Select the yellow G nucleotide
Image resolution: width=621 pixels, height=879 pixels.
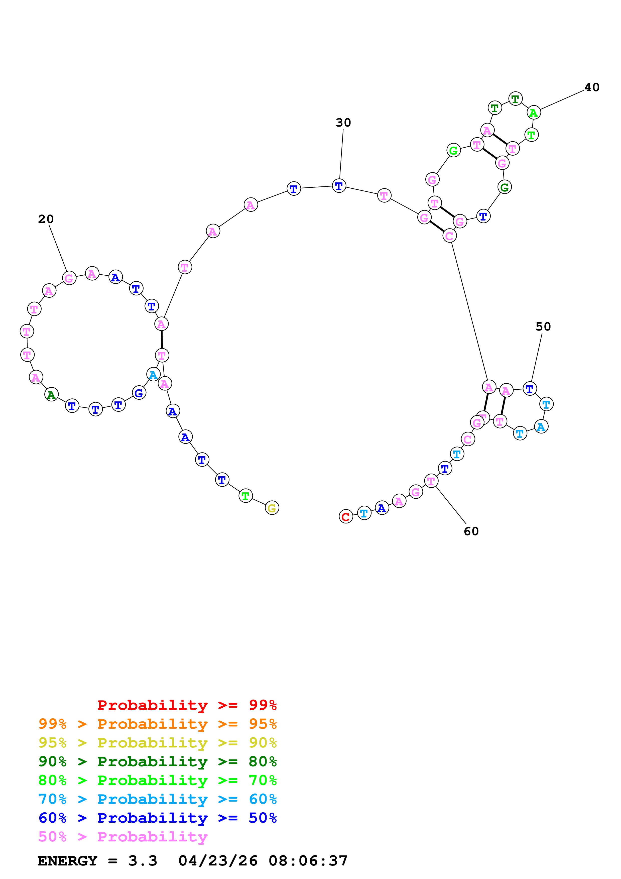coord(272,508)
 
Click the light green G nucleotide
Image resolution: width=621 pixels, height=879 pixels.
coord(453,150)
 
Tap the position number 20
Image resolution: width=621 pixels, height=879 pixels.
coord(46,219)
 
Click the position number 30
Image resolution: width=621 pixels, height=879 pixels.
coord(343,123)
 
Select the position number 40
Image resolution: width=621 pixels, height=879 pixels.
coord(591,87)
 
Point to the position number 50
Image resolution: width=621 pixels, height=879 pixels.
coord(543,326)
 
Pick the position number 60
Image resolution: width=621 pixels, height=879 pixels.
coord(471,531)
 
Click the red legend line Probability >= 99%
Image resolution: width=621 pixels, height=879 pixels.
coord(187,705)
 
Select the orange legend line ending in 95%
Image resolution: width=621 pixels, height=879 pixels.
coord(157,724)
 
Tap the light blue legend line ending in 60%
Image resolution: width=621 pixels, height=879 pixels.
coord(157,799)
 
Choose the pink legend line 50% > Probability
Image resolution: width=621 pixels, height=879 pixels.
coord(123,837)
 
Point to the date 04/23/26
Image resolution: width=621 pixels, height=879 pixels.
coord(218,861)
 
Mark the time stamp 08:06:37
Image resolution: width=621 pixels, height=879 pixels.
coord(308,861)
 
